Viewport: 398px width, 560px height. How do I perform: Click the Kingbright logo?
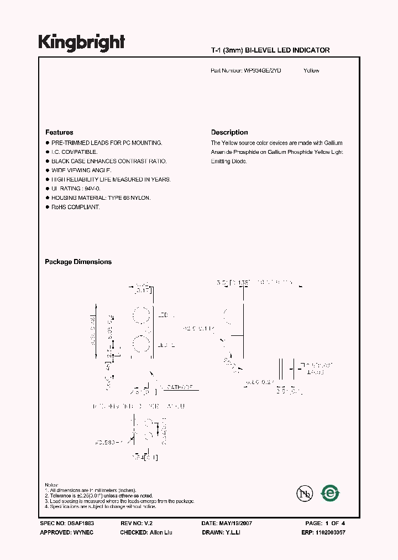click(x=81, y=42)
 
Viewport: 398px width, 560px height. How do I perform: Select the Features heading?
click(x=59, y=132)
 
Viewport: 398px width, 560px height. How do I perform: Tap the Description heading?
click(x=229, y=132)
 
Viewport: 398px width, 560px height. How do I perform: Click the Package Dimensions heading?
click(x=78, y=262)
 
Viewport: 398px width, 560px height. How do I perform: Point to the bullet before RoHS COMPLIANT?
click(x=47, y=207)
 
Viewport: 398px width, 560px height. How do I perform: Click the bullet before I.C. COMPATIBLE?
click(x=47, y=152)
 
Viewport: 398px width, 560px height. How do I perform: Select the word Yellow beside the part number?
click(x=311, y=71)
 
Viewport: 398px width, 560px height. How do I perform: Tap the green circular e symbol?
click(x=331, y=492)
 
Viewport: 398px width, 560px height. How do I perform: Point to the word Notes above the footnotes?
click(x=51, y=484)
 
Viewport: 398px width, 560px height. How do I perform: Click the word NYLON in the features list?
click(x=140, y=198)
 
